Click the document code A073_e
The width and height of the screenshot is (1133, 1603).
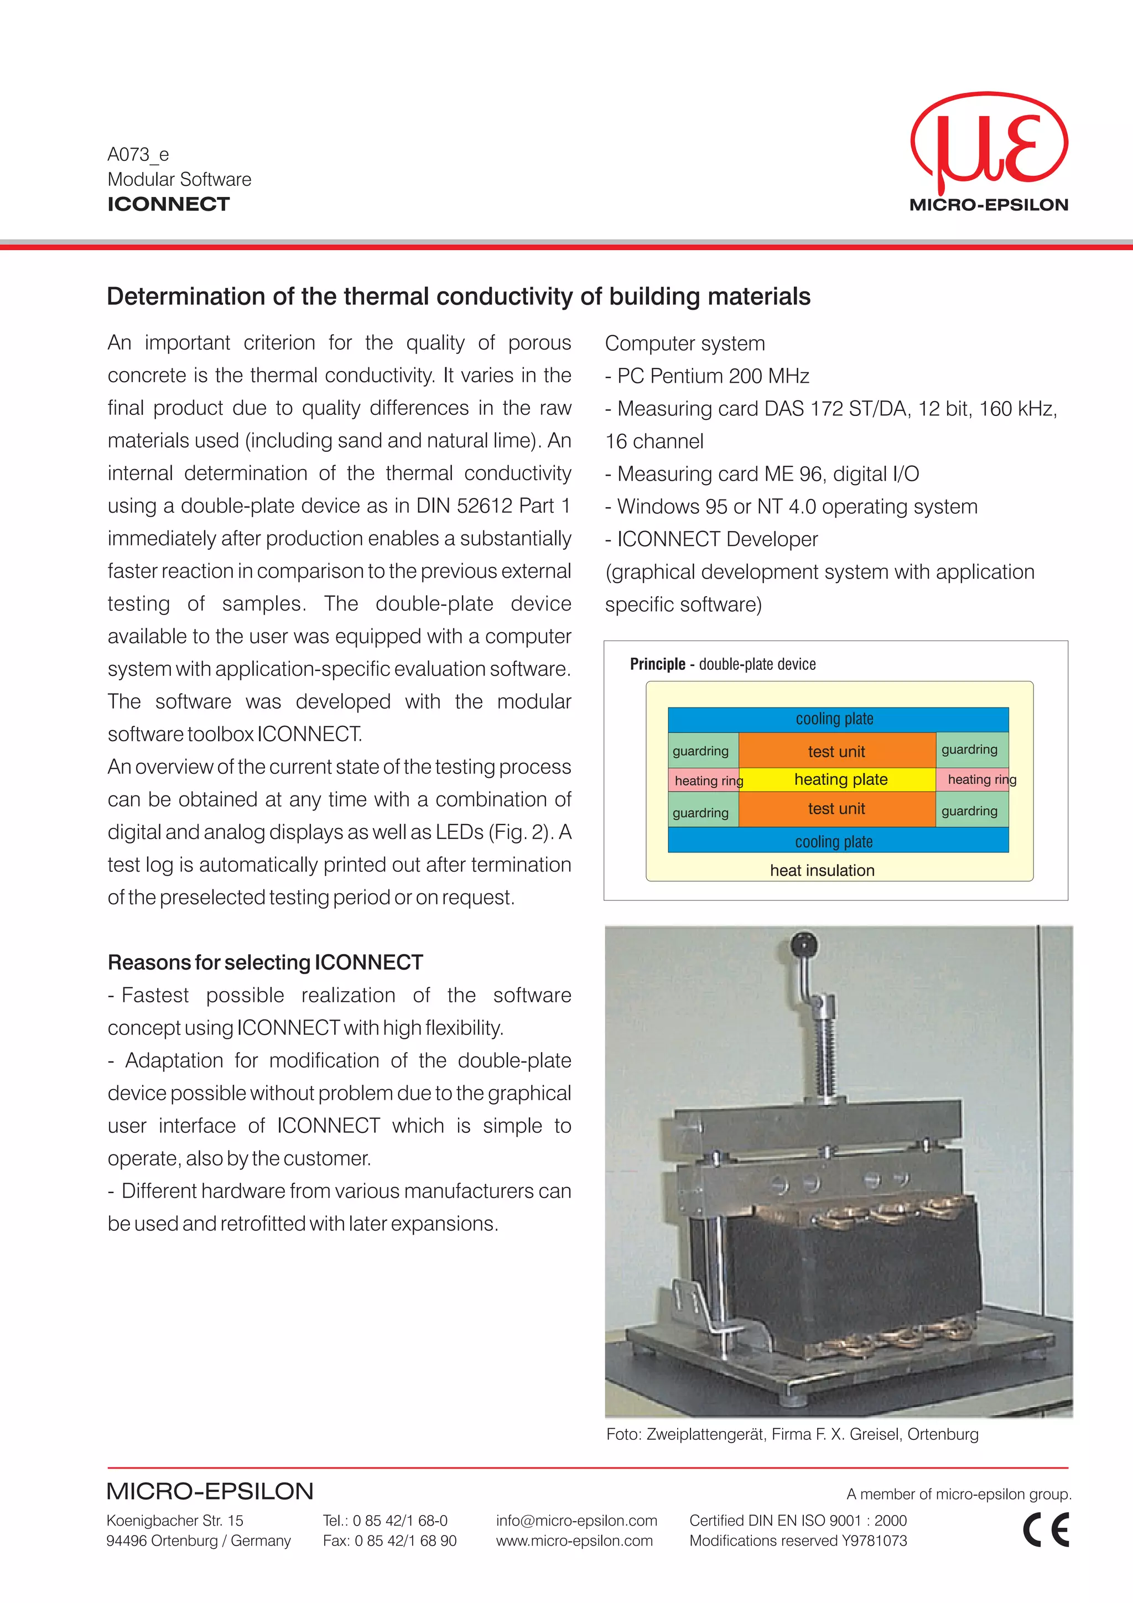(x=138, y=154)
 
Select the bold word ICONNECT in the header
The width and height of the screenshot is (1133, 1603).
(x=168, y=204)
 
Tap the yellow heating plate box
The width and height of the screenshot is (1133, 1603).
(x=840, y=780)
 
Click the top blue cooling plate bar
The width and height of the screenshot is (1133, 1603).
(x=838, y=719)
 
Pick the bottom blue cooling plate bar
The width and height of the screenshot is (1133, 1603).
(x=838, y=841)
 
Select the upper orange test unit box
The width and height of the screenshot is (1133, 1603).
(x=836, y=751)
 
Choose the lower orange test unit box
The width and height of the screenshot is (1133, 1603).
(x=836, y=809)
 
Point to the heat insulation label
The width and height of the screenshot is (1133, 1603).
(x=822, y=870)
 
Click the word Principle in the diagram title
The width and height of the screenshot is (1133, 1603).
(x=657, y=664)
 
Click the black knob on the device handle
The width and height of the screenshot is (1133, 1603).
(x=805, y=945)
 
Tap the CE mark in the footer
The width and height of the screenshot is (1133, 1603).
(x=1046, y=1531)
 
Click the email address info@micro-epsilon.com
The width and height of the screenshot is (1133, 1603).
(x=576, y=1521)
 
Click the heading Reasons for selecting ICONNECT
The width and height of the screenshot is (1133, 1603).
(x=266, y=962)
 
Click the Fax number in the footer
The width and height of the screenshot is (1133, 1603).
(x=389, y=1541)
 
